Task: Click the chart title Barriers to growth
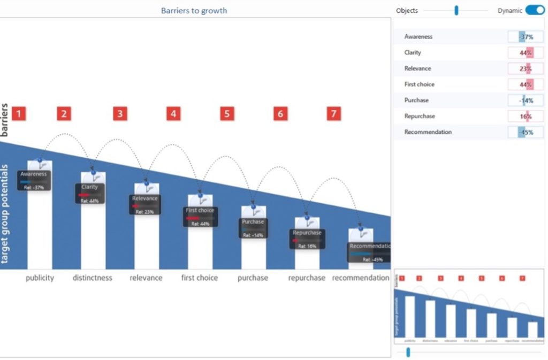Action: [194, 10]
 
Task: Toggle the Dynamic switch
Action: [535, 10]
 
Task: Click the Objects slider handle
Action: [456, 10]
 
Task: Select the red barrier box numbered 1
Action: [19, 113]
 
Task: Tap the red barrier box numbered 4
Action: [173, 113]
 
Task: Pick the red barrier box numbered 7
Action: [333, 113]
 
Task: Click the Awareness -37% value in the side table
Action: [526, 37]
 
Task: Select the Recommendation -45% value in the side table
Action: [526, 132]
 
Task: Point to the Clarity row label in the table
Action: [413, 52]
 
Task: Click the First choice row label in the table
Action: [420, 85]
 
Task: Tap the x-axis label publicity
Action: [40, 278]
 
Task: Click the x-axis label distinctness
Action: [93, 278]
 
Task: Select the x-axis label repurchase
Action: [307, 278]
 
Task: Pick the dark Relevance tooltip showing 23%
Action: [145, 204]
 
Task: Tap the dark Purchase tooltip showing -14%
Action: [253, 228]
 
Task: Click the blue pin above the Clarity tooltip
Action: [93, 172]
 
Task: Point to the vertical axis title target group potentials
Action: [5, 214]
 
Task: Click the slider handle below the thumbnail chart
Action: [408, 351]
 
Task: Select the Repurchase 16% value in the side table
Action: [526, 116]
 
